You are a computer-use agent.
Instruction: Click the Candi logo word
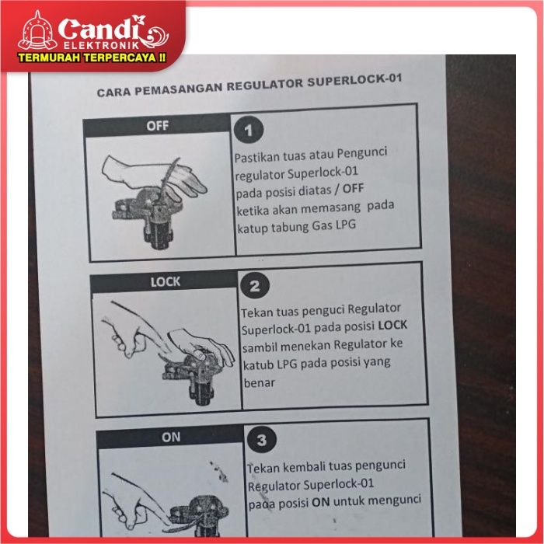[x=100, y=30]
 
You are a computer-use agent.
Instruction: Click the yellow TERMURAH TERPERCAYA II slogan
[x=92, y=58]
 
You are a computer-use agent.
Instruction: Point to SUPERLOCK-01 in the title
[x=354, y=81]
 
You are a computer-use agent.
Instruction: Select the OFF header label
[x=158, y=126]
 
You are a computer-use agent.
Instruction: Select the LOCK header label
[x=166, y=281]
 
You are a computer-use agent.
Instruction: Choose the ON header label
[x=171, y=437]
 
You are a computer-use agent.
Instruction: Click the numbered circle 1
[x=249, y=130]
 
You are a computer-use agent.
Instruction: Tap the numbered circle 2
[x=255, y=286]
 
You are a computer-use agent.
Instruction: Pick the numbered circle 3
[x=262, y=440]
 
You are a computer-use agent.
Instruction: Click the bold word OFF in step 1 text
[x=353, y=188]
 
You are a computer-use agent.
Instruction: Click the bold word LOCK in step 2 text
[x=392, y=325]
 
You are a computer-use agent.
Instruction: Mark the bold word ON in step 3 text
[x=320, y=502]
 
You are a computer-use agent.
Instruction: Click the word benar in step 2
[x=259, y=382]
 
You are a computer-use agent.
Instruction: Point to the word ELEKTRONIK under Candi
[x=101, y=46]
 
